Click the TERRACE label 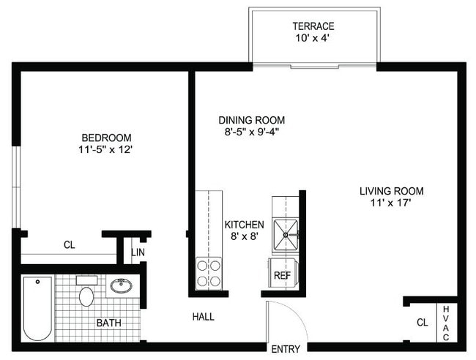313,26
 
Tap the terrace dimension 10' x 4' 313,39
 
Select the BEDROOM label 106,138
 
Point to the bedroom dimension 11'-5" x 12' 106,150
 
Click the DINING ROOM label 251,120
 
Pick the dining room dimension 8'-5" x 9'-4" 251,132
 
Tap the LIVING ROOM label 391,191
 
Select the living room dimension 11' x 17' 391,203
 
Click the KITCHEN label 244,225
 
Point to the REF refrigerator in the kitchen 282,275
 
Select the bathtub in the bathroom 37,308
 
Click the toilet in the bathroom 86,295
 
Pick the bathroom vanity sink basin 121,285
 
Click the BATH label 109,322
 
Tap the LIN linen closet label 138,252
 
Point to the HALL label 203,317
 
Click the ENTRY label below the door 285,349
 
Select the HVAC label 446,323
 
